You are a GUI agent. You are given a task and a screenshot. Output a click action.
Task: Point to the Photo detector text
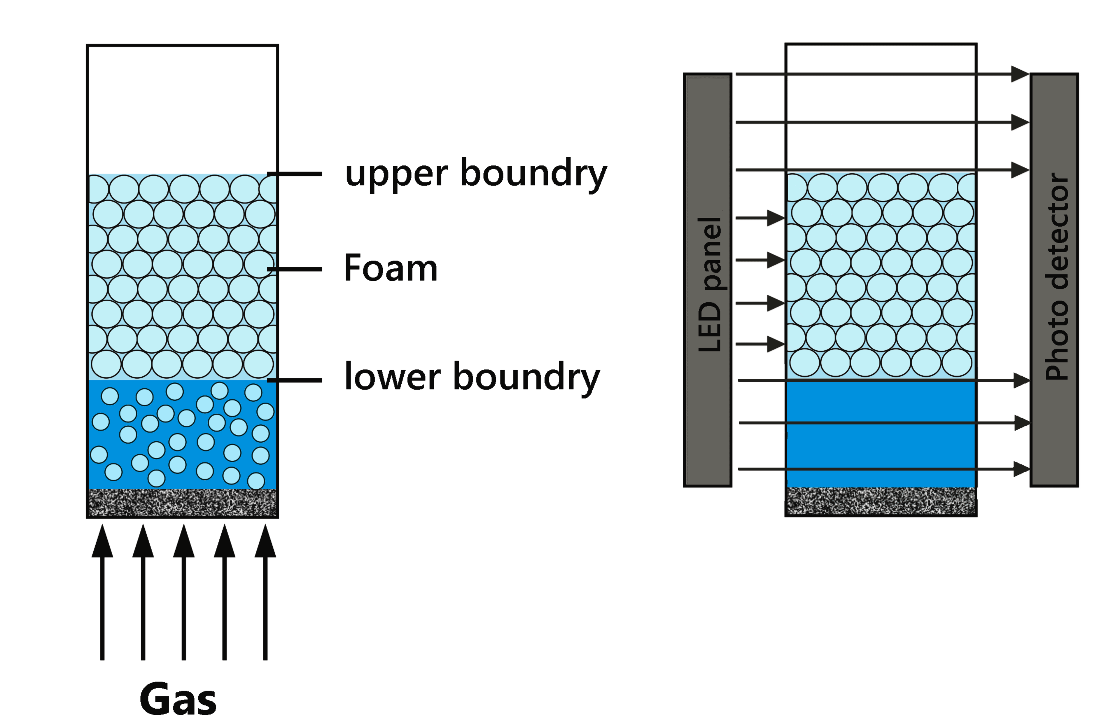(1056, 277)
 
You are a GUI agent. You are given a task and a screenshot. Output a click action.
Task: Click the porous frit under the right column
(881, 501)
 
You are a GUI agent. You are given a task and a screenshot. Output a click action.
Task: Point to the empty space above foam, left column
(183, 108)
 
